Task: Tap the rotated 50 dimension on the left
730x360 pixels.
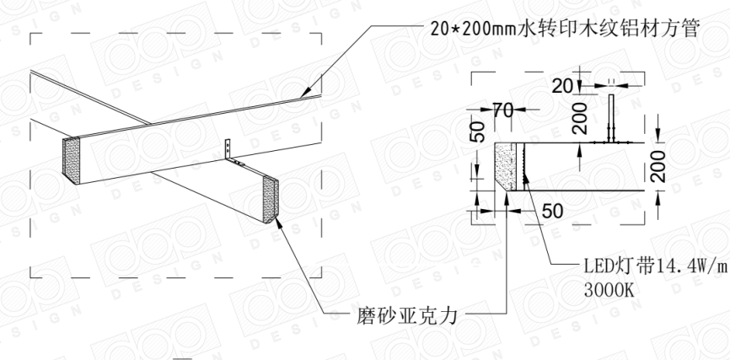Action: [x=476, y=131]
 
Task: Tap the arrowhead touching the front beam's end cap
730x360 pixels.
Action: [x=278, y=222]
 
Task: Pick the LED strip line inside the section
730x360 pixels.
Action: [x=524, y=164]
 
